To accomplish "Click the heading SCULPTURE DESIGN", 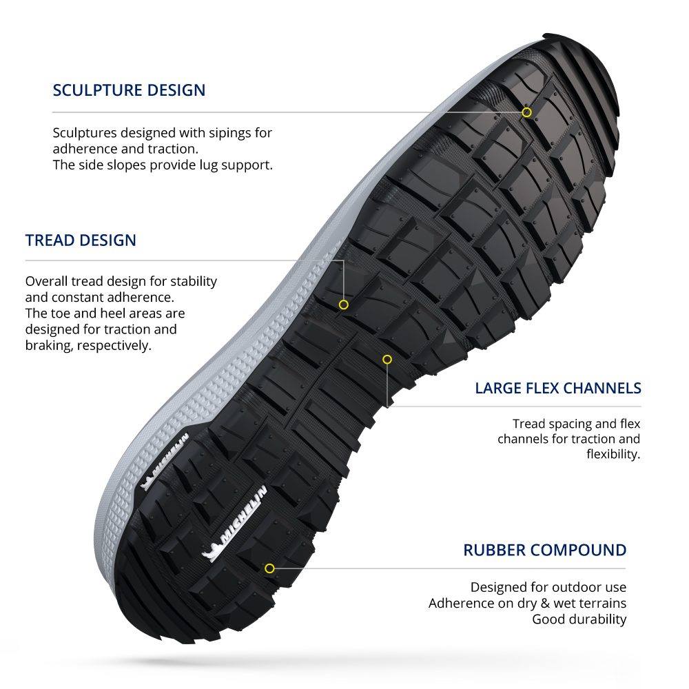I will (129, 90).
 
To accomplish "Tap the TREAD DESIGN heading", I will (81, 240).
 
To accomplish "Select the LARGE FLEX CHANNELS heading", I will (557, 388).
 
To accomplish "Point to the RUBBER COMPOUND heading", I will (544, 551).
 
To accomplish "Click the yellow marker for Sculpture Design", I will (526, 112).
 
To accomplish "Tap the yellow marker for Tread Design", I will (344, 305).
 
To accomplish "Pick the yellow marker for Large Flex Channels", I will (387, 359).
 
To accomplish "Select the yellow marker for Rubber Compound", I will (269, 568).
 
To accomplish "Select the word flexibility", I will (613, 455).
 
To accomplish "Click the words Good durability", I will (579, 619).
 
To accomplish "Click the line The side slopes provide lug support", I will (163, 165).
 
